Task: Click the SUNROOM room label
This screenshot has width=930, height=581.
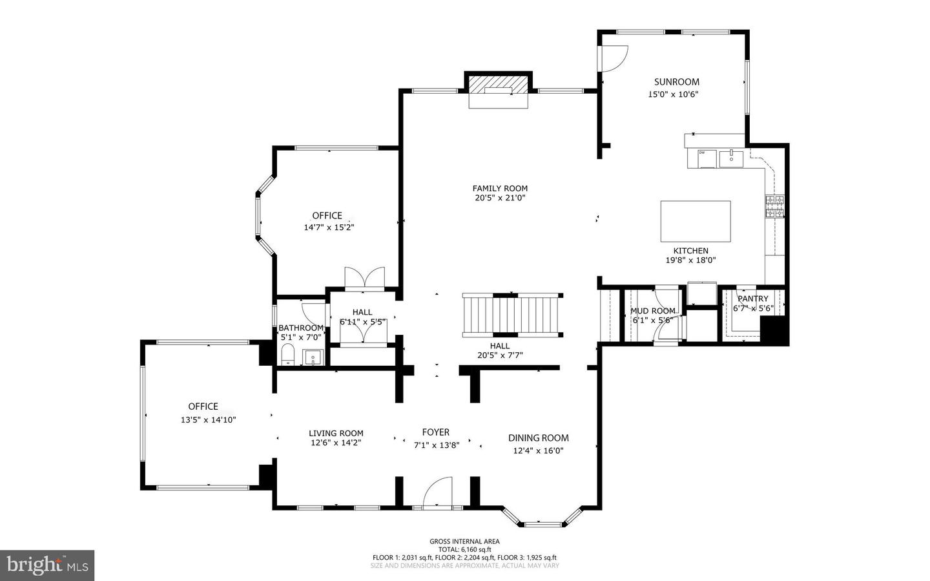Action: click(676, 82)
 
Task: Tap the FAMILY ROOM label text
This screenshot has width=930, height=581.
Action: click(500, 189)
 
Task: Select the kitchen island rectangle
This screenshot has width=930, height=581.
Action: click(696, 221)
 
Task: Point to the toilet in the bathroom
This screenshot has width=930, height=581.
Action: click(288, 355)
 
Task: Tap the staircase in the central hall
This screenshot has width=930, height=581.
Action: click(511, 315)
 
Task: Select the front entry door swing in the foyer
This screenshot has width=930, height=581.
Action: click(439, 492)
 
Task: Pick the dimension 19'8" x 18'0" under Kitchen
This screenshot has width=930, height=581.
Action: click(690, 260)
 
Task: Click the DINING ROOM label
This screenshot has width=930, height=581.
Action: click(538, 438)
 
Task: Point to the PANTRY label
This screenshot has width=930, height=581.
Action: click(753, 299)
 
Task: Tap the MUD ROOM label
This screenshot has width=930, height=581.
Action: click(652, 311)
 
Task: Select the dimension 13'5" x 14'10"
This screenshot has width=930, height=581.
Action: click(208, 419)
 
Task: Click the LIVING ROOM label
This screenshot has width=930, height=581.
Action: click(336, 433)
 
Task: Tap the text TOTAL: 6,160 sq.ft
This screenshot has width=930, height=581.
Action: click(464, 549)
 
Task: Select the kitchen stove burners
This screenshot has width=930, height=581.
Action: click(774, 206)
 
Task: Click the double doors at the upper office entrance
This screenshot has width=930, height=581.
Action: click(364, 277)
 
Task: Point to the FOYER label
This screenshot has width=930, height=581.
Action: click(436, 432)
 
